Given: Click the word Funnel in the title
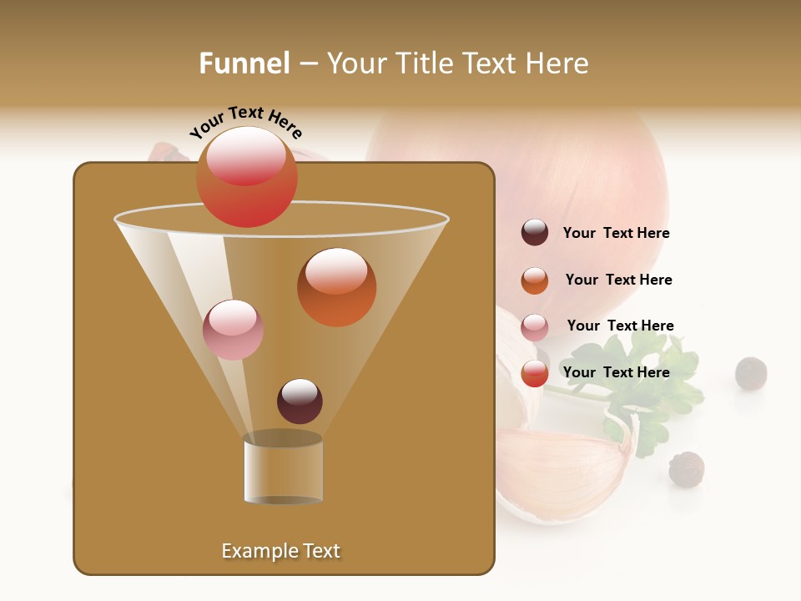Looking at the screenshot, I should (244, 63).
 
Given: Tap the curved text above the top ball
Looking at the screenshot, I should (246, 123).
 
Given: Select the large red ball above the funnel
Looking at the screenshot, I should (246, 176).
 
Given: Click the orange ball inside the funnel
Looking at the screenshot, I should (336, 287).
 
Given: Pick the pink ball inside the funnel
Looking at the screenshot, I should (233, 330).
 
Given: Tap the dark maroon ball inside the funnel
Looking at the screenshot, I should (300, 401).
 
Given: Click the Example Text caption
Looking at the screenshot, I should (281, 551).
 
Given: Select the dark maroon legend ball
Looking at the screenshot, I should (535, 233).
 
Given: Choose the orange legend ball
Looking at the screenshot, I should (535, 280).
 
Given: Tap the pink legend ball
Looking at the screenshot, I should (535, 327).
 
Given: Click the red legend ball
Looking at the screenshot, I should (535, 373).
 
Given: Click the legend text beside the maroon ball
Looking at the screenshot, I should (616, 233).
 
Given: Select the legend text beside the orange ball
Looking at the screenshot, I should (618, 280).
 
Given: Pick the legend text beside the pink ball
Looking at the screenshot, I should (620, 326).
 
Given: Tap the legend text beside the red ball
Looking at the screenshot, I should (616, 372).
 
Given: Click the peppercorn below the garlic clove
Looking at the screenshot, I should (686, 469).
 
